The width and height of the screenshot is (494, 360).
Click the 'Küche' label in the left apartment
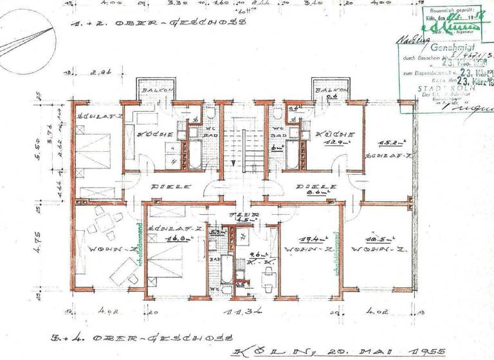(153, 135)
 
